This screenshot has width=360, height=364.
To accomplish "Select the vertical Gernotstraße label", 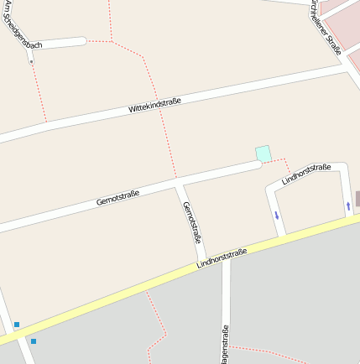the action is coord(191,220).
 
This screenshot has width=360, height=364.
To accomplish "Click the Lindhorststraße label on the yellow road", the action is coord(222,257).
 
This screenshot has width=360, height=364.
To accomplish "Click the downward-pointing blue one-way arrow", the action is coord(276,216).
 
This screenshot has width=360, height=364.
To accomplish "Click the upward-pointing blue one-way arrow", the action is coord(348,205).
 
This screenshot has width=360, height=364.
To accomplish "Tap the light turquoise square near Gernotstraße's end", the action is coord(263,153).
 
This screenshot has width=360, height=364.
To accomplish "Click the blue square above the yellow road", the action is coord(17,325).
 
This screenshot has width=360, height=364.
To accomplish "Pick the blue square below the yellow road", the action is coord(34,341).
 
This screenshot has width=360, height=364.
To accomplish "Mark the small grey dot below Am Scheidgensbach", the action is coord(31,62).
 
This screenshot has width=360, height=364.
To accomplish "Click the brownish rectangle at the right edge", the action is coord(357,199).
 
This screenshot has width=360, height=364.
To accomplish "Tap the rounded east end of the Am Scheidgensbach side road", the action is coord(82,40).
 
